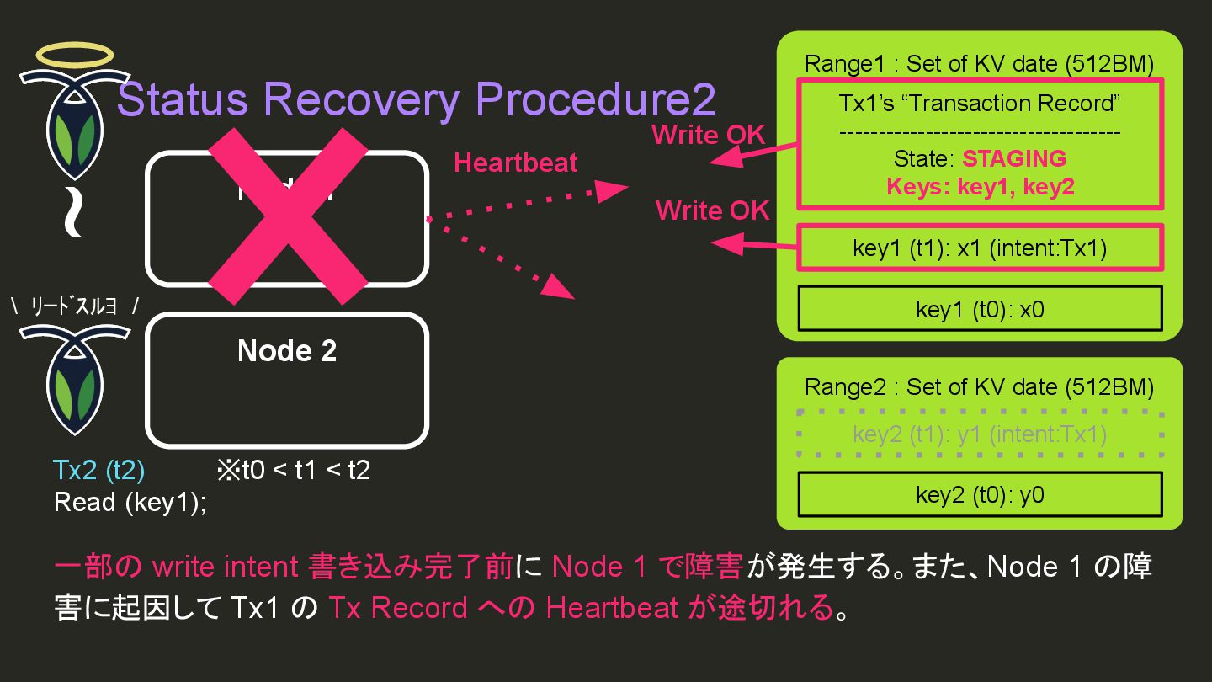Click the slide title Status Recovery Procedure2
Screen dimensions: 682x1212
[x=417, y=100]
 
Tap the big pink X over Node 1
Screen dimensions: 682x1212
[x=288, y=216]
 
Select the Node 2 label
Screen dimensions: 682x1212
[x=287, y=350]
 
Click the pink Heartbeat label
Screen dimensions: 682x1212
[x=515, y=163]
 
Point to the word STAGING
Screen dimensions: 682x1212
[x=1014, y=158]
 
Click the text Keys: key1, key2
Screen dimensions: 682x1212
[x=981, y=187]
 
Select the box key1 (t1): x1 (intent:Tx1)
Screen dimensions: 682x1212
[x=980, y=248]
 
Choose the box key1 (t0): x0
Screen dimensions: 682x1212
[x=980, y=309]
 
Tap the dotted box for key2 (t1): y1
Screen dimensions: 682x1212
[x=980, y=434]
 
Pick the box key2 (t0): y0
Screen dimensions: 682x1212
[x=980, y=494]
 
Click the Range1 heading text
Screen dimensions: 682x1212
[x=979, y=63]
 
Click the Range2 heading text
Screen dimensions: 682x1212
[x=979, y=386]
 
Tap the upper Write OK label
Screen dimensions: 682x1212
[x=709, y=135]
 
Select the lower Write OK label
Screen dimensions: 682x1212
[x=712, y=210]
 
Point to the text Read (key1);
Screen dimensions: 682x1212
[x=130, y=502]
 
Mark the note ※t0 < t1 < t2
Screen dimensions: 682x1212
[x=293, y=469]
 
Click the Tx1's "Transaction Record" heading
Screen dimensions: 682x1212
[x=980, y=104]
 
